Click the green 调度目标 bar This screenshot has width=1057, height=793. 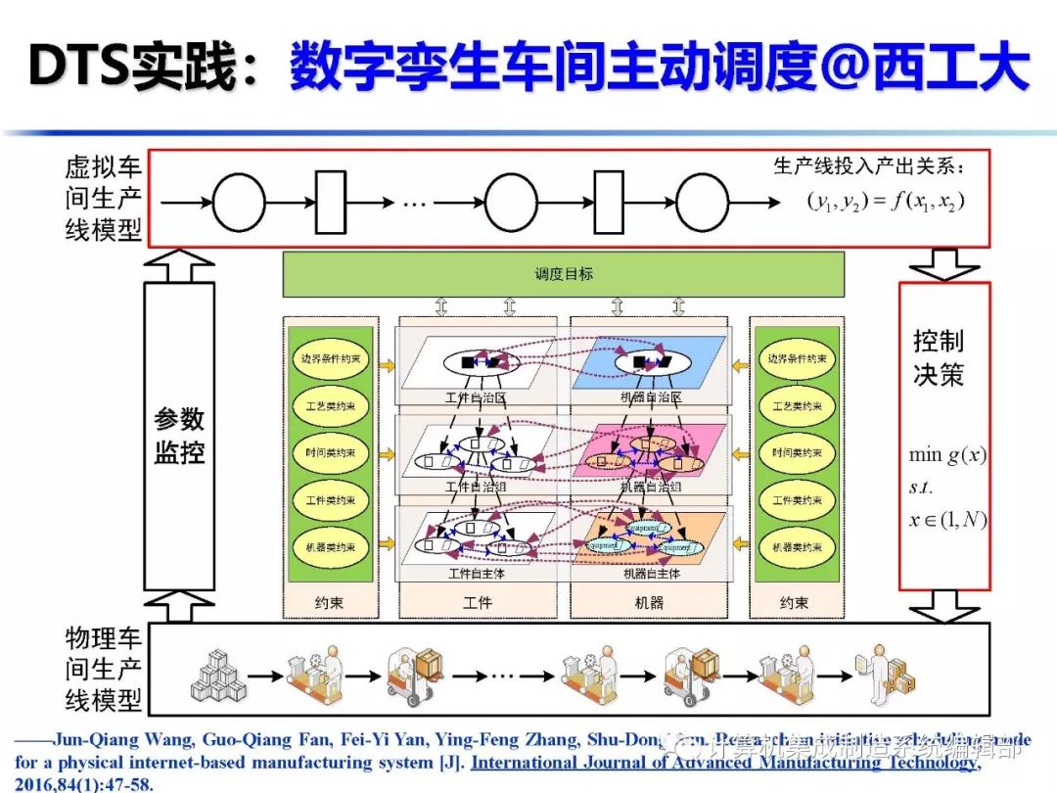tap(563, 274)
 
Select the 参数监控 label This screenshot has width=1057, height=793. tap(179, 437)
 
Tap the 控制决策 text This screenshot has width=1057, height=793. tap(939, 358)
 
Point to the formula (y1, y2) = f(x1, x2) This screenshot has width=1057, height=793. tap(886, 202)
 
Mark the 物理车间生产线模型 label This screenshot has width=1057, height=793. tap(104, 671)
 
